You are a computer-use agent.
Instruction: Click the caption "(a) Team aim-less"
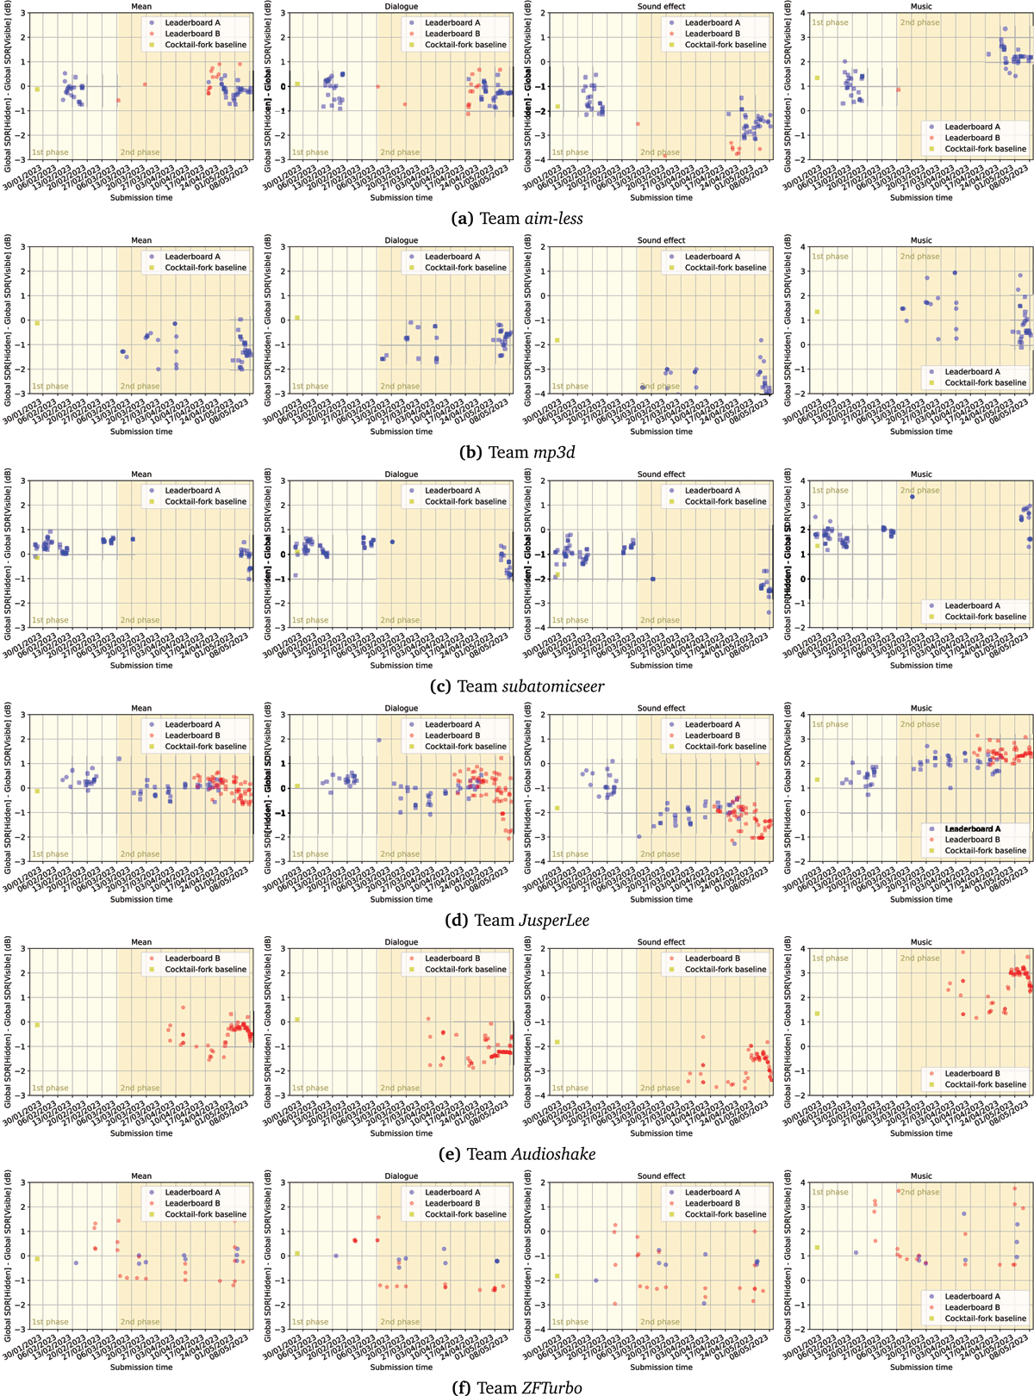click(x=517, y=219)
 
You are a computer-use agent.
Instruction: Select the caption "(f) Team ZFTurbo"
click(x=517, y=1387)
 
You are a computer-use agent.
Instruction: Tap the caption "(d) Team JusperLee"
click(x=517, y=921)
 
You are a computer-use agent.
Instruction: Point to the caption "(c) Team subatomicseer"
click(x=517, y=686)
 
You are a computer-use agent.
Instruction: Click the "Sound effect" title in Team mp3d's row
click(x=661, y=240)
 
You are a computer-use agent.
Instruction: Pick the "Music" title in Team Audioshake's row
click(x=921, y=942)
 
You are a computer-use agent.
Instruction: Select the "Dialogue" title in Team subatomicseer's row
click(x=402, y=475)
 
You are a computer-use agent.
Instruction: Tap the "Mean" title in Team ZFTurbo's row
click(x=141, y=1176)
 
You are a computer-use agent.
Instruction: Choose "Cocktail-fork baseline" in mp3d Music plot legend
click(x=985, y=382)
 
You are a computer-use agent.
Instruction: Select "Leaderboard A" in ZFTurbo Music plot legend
click(x=972, y=1296)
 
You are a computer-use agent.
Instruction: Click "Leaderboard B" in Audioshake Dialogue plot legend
click(x=452, y=959)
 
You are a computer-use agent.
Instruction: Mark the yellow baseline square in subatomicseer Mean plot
click(x=37, y=556)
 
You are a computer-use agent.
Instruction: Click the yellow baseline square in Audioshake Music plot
click(x=817, y=1014)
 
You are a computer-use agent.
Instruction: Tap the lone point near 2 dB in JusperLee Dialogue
click(x=379, y=740)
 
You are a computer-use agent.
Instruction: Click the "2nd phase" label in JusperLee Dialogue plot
click(x=400, y=854)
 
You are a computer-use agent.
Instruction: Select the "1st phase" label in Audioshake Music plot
click(x=830, y=959)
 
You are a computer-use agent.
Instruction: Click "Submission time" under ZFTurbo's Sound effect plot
click(x=661, y=1367)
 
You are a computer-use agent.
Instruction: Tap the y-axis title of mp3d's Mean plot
click(x=8, y=320)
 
